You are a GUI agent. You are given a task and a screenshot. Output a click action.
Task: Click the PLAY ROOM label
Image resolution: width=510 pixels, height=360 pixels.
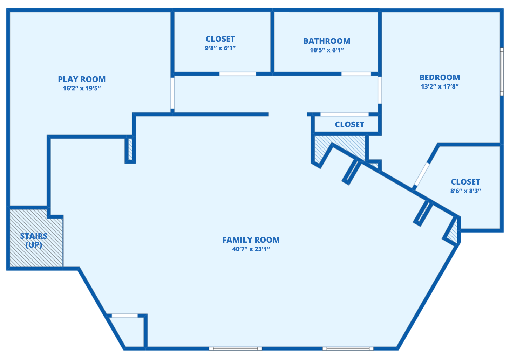[x=82, y=79]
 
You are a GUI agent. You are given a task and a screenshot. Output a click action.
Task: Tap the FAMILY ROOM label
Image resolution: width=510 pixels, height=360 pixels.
[x=251, y=240]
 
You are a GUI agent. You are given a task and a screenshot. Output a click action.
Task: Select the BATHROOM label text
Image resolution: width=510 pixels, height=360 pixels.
[x=327, y=41]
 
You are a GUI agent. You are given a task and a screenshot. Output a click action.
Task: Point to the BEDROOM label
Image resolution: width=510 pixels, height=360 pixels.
[x=440, y=78]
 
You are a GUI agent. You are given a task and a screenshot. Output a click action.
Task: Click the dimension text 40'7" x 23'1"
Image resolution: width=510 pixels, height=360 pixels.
[x=251, y=249]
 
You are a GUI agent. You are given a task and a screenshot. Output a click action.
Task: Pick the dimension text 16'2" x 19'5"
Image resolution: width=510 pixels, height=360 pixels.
[x=82, y=89]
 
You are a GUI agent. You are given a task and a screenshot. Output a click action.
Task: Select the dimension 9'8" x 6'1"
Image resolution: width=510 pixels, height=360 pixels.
[x=220, y=48]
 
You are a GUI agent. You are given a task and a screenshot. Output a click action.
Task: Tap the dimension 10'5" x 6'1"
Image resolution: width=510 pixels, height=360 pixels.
[x=327, y=50]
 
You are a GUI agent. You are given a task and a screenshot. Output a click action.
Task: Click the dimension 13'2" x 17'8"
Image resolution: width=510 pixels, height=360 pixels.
[x=440, y=87]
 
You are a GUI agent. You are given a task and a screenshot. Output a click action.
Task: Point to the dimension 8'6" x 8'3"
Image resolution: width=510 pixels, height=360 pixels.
[x=465, y=191]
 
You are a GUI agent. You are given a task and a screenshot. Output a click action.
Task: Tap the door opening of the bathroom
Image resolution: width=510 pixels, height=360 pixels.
[x=356, y=74]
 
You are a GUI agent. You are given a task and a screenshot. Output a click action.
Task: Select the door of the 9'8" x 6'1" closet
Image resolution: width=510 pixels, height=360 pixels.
[x=238, y=74]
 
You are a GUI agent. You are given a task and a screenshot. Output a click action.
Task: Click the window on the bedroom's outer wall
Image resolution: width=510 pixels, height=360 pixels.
[x=502, y=72]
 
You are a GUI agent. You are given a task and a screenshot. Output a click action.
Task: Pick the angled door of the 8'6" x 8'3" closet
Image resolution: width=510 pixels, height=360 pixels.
[x=421, y=174]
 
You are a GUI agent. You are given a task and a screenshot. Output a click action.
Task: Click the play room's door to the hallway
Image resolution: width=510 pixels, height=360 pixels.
[x=172, y=93]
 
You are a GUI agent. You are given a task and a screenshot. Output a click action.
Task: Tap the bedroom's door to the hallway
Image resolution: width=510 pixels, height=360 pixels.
[x=380, y=90]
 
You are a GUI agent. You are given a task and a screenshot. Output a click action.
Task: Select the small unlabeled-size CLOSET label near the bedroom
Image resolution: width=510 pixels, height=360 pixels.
[x=349, y=125]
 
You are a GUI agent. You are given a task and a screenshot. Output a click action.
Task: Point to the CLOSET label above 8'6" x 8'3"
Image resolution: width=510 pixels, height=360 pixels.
[x=465, y=182]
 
